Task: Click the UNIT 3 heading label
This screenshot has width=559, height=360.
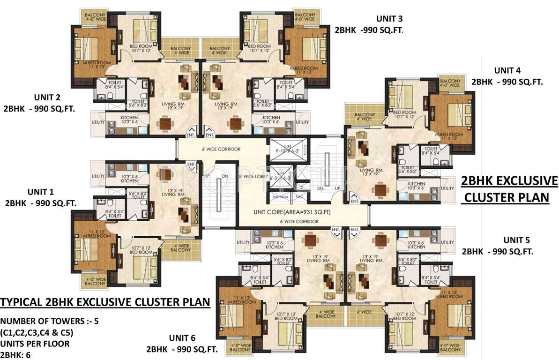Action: pyautogui.click(x=389, y=19)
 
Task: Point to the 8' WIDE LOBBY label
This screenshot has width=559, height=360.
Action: pyautogui.click(x=253, y=177)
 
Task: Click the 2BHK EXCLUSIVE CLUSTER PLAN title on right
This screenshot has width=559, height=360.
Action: pyautogui.click(x=509, y=189)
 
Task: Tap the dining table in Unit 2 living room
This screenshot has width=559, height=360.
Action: pyautogui.click(x=166, y=123)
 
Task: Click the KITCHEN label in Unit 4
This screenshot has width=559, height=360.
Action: pyautogui.click(x=416, y=184)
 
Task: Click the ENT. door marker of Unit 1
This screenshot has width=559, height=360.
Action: pyautogui.click(x=191, y=165)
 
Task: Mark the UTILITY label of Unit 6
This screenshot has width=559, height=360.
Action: pyautogui.click(x=243, y=242)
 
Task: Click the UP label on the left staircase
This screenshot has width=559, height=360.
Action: pyautogui.click(x=207, y=176)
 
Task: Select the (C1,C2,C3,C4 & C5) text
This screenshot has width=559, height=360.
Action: pyautogui.click(x=37, y=333)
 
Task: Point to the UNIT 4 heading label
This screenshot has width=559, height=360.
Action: pyautogui.click(x=507, y=71)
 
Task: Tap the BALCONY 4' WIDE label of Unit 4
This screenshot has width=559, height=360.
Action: pyautogui.click(x=364, y=117)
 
